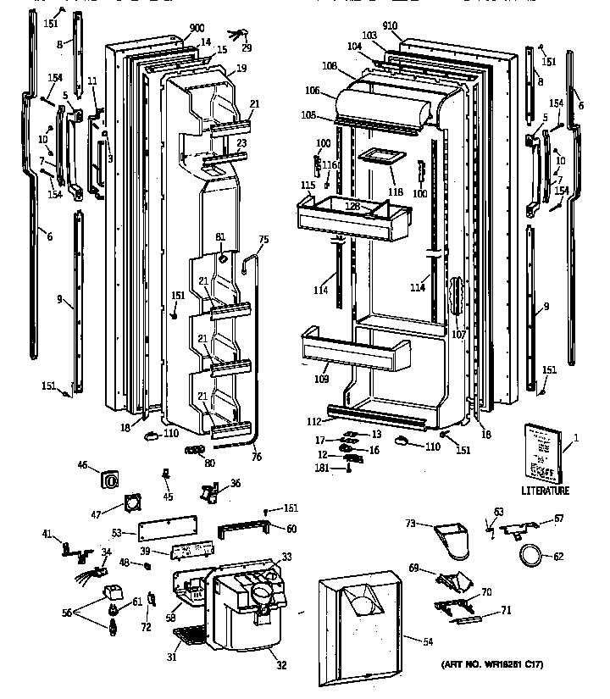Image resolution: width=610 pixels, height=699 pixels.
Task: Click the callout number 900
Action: pos(175,28)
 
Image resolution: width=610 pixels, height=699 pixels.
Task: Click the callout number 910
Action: pos(413,26)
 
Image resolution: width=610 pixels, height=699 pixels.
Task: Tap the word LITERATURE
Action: pos(546,491)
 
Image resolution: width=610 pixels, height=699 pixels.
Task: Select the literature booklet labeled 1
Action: pos(541,452)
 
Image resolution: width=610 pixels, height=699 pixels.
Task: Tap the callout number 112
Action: pos(314,420)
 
